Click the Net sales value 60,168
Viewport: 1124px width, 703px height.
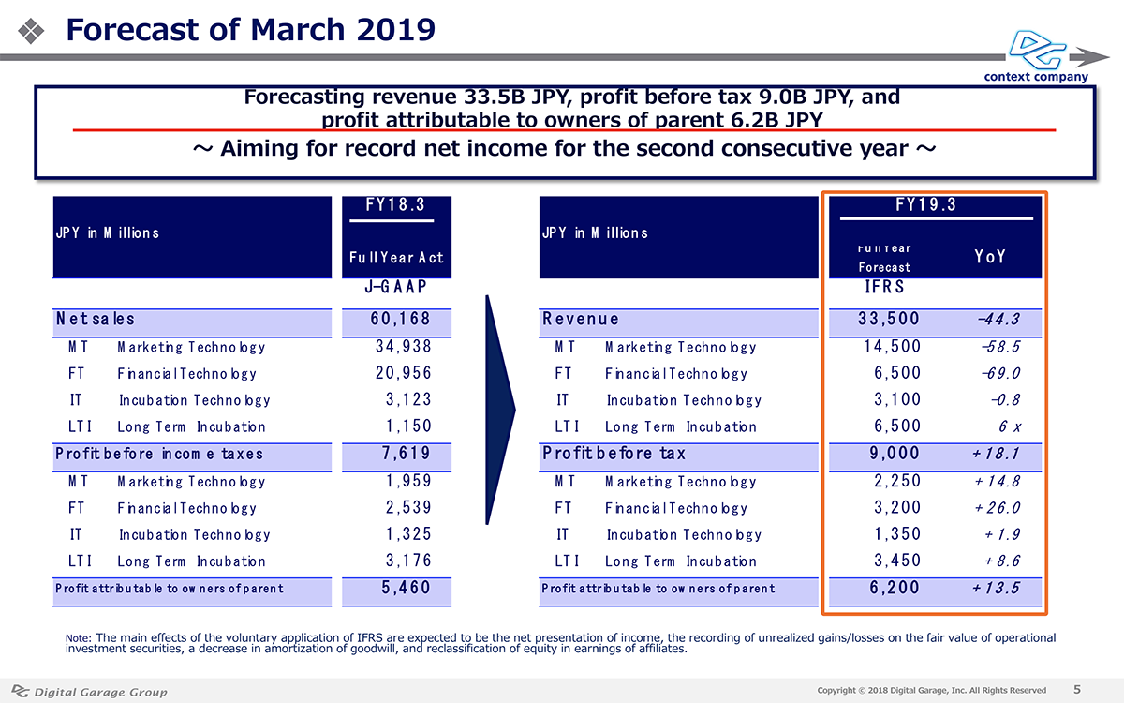(400, 319)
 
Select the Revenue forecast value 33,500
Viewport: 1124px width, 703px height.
(888, 319)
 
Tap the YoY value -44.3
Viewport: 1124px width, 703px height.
(998, 320)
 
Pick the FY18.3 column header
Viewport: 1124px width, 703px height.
(395, 205)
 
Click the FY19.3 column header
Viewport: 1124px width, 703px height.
(925, 205)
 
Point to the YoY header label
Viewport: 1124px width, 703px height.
(989, 257)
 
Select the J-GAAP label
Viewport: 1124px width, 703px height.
(395, 287)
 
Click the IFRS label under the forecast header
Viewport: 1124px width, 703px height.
(884, 287)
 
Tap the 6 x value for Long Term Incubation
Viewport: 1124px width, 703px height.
(1009, 426)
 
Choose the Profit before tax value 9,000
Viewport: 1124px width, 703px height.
(895, 454)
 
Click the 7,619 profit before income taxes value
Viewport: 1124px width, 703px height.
(406, 454)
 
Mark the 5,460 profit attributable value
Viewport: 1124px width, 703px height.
(406, 588)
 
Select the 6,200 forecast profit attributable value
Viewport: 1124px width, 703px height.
(895, 588)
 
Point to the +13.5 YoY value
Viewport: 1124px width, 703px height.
(996, 588)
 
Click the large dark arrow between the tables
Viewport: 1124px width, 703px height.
(500, 410)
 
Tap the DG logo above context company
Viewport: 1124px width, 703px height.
(1037, 50)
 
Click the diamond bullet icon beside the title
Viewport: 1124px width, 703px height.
(31, 31)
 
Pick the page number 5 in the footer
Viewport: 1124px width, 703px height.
(1077, 690)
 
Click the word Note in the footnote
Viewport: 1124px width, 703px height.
(77, 638)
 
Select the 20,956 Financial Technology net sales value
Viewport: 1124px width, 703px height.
(403, 373)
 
